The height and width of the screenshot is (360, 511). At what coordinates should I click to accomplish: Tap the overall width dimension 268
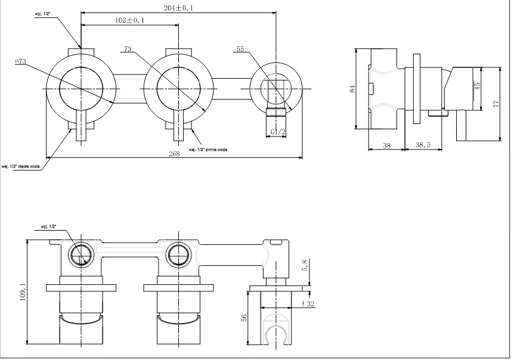174,154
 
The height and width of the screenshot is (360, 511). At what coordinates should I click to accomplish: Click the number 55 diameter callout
240,50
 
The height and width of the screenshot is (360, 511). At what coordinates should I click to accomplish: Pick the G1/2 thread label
277,131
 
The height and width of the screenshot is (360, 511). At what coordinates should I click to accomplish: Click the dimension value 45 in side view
478,86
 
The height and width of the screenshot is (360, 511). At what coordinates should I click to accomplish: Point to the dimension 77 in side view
495,104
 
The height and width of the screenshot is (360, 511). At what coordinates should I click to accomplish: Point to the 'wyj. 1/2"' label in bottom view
48,227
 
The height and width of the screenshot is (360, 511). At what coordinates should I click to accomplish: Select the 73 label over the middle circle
128,49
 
